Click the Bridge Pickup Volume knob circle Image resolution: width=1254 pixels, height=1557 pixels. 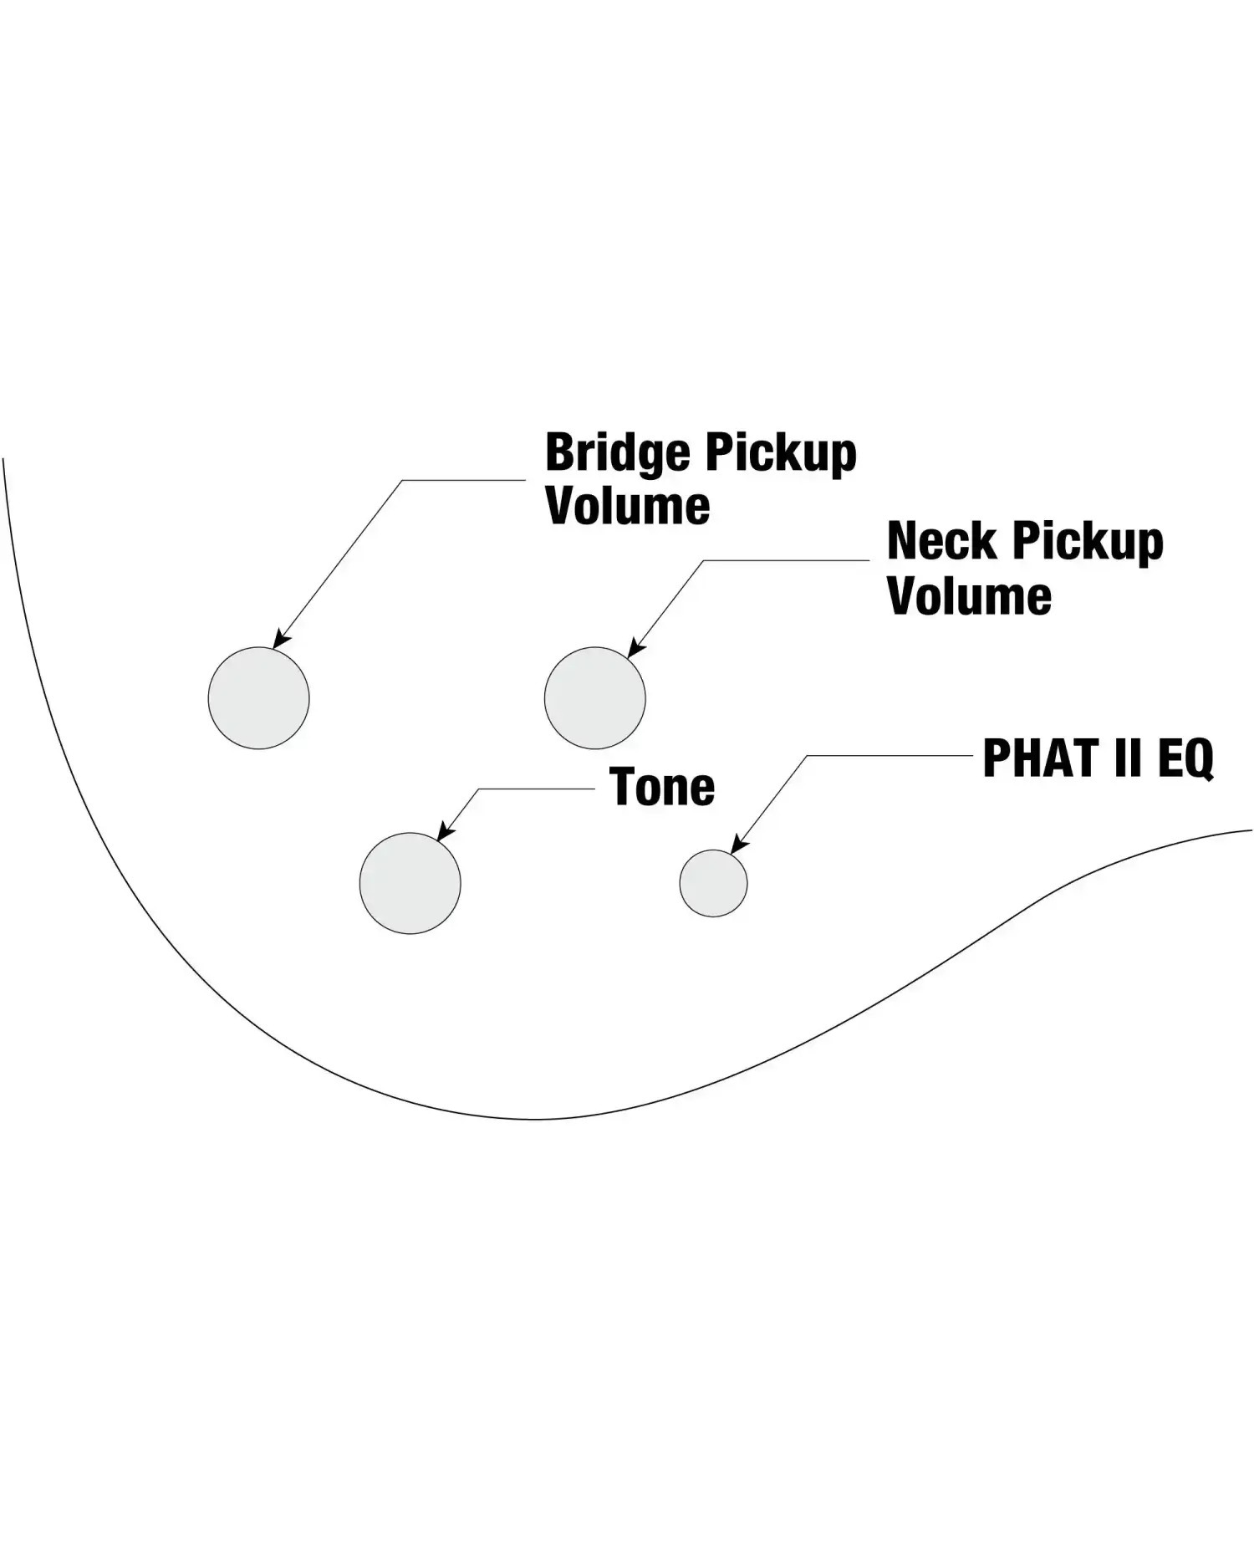(258, 697)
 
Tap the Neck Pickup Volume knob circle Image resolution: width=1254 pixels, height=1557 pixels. (594, 697)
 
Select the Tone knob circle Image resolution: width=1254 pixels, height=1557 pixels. (410, 883)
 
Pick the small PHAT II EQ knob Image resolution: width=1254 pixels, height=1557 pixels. (713, 883)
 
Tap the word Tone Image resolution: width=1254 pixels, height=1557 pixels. (662, 787)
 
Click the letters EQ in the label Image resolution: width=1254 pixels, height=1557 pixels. (1185, 759)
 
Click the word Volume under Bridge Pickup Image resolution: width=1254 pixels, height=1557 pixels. (628, 506)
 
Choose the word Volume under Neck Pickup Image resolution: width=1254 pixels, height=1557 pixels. (970, 595)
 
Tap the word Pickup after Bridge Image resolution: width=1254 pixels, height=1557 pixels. (781, 454)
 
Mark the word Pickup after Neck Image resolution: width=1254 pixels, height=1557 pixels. (1087, 543)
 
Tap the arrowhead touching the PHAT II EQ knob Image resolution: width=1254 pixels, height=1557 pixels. (737, 845)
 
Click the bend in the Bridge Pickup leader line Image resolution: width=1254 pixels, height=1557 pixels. (403, 480)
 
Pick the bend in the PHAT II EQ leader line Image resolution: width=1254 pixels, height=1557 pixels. (808, 756)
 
